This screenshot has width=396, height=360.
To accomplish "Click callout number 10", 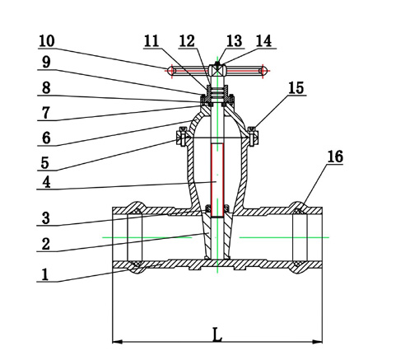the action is (x=47, y=41).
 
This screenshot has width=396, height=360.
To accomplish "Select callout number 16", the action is (x=335, y=157).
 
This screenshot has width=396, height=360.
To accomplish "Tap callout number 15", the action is (x=296, y=88).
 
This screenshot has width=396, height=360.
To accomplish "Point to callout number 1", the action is (x=45, y=274).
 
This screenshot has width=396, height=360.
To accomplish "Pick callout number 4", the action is (x=47, y=182).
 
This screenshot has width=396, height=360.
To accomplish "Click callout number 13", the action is (x=235, y=41).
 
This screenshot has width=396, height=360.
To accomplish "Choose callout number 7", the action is (x=46, y=113).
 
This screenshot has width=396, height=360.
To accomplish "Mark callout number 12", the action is (x=187, y=41).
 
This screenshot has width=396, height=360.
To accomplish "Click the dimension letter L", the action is (x=217, y=334).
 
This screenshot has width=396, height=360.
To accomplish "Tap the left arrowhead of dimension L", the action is (x=117, y=342).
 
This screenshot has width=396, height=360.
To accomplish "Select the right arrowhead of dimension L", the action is (x=317, y=342).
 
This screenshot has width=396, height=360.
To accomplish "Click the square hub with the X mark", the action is (x=217, y=71).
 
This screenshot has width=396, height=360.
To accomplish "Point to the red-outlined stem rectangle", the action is (x=217, y=180).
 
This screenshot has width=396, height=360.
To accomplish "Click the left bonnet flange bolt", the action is (x=180, y=136).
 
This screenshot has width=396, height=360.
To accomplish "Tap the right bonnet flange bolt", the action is (x=254, y=136).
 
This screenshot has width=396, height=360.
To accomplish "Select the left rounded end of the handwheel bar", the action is (x=170, y=71).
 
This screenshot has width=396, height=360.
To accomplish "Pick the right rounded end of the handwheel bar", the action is (x=263, y=71).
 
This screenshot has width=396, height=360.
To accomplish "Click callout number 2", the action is (x=46, y=244).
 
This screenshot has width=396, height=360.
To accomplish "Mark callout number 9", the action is (x=46, y=63).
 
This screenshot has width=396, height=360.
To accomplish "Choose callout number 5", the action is (x=45, y=163).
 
